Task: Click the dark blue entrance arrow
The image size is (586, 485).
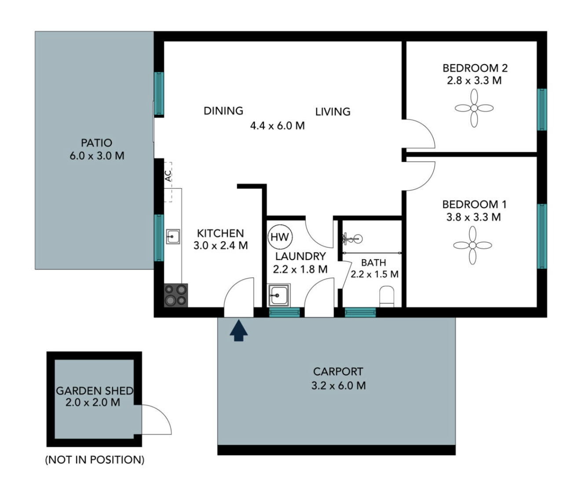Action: point(238,331)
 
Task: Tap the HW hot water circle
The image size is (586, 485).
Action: point(280,237)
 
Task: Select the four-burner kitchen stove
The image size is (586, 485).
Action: point(176,295)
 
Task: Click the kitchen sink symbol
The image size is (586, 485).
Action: point(173,236)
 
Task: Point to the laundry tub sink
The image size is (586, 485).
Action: point(279,295)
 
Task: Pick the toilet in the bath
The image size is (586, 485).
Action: point(387,297)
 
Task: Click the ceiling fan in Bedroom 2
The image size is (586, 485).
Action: point(474,108)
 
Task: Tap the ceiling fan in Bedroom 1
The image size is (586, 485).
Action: point(472,246)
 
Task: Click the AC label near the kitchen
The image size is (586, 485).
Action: point(168,176)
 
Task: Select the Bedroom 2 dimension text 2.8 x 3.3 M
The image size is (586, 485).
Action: point(474,81)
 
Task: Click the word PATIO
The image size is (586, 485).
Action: point(96,143)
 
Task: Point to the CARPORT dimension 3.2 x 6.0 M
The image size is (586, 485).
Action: point(338,386)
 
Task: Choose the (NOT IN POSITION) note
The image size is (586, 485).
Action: point(95,460)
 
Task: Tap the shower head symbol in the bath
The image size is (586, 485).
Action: point(352,239)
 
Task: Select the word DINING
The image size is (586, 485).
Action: point(223,111)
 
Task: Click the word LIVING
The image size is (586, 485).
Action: point(333,112)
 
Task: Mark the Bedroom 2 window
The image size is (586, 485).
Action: point(542,110)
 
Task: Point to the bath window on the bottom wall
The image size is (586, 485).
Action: point(360,312)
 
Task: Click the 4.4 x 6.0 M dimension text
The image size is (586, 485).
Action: point(277,125)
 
